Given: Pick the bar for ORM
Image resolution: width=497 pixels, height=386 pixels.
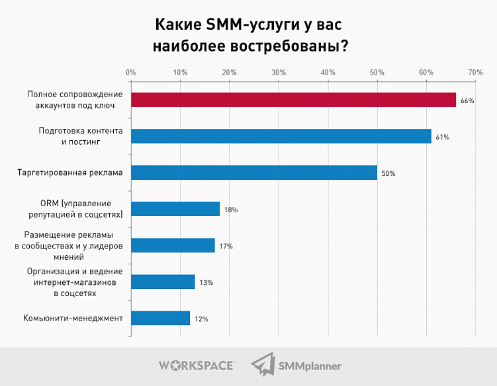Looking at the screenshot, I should (175, 209).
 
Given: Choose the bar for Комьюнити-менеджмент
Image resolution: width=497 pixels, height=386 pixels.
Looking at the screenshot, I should (161, 318).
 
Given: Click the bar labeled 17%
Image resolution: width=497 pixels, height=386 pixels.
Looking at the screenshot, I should (173, 245).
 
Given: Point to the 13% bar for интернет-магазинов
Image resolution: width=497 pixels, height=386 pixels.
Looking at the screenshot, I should (163, 282).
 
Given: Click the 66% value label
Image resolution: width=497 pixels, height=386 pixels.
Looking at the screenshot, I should (468, 100).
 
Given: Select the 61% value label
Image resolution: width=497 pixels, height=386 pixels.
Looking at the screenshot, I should (443, 137).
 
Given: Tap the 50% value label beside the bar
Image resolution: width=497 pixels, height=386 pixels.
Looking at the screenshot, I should (388, 174).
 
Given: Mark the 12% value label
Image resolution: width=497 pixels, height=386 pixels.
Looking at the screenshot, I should (201, 319).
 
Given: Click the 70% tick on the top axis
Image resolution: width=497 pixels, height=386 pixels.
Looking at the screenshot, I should (474, 71).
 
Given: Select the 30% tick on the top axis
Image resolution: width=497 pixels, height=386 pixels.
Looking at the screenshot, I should (278, 71).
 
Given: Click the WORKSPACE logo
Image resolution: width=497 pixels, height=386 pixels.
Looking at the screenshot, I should (196, 365).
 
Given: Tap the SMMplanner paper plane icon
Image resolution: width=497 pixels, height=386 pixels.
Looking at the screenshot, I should (262, 364).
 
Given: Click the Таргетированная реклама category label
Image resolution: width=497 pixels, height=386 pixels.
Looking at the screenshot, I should (69, 173).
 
